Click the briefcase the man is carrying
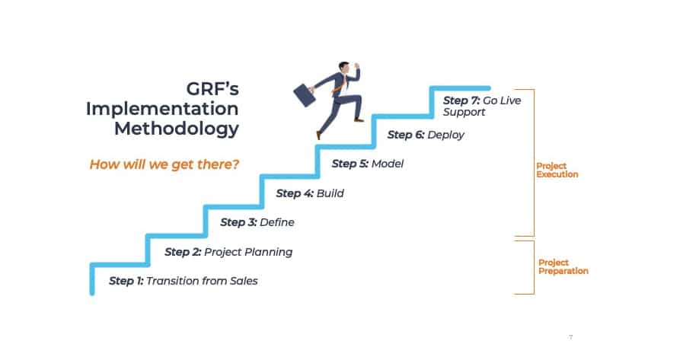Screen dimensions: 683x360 [x=305, y=95]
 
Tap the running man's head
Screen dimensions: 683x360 [x=344, y=68]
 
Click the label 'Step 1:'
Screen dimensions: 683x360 [x=126, y=281]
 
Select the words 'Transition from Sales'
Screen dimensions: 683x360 [x=202, y=281]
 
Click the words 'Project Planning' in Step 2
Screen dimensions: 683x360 [x=248, y=252]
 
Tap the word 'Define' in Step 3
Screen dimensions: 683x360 [x=277, y=222]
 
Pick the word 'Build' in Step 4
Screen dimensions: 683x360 [x=330, y=193]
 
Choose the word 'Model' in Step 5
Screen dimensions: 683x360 [x=388, y=164]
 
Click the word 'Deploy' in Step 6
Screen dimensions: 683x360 [x=445, y=135]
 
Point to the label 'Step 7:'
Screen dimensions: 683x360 [x=461, y=100]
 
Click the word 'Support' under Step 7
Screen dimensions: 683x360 [x=464, y=113]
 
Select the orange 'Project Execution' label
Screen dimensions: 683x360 [x=557, y=170]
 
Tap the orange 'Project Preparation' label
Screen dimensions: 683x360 [x=563, y=267]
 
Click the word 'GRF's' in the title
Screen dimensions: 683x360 [x=212, y=89]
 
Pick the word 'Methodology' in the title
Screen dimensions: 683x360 [x=177, y=129]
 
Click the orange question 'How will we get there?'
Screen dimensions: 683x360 [x=164, y=164]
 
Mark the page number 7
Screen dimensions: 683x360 [x=570, y=337]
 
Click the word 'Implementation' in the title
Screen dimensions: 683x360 [x=162, y=109]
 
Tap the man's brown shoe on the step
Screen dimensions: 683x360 [x=359, y=119]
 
